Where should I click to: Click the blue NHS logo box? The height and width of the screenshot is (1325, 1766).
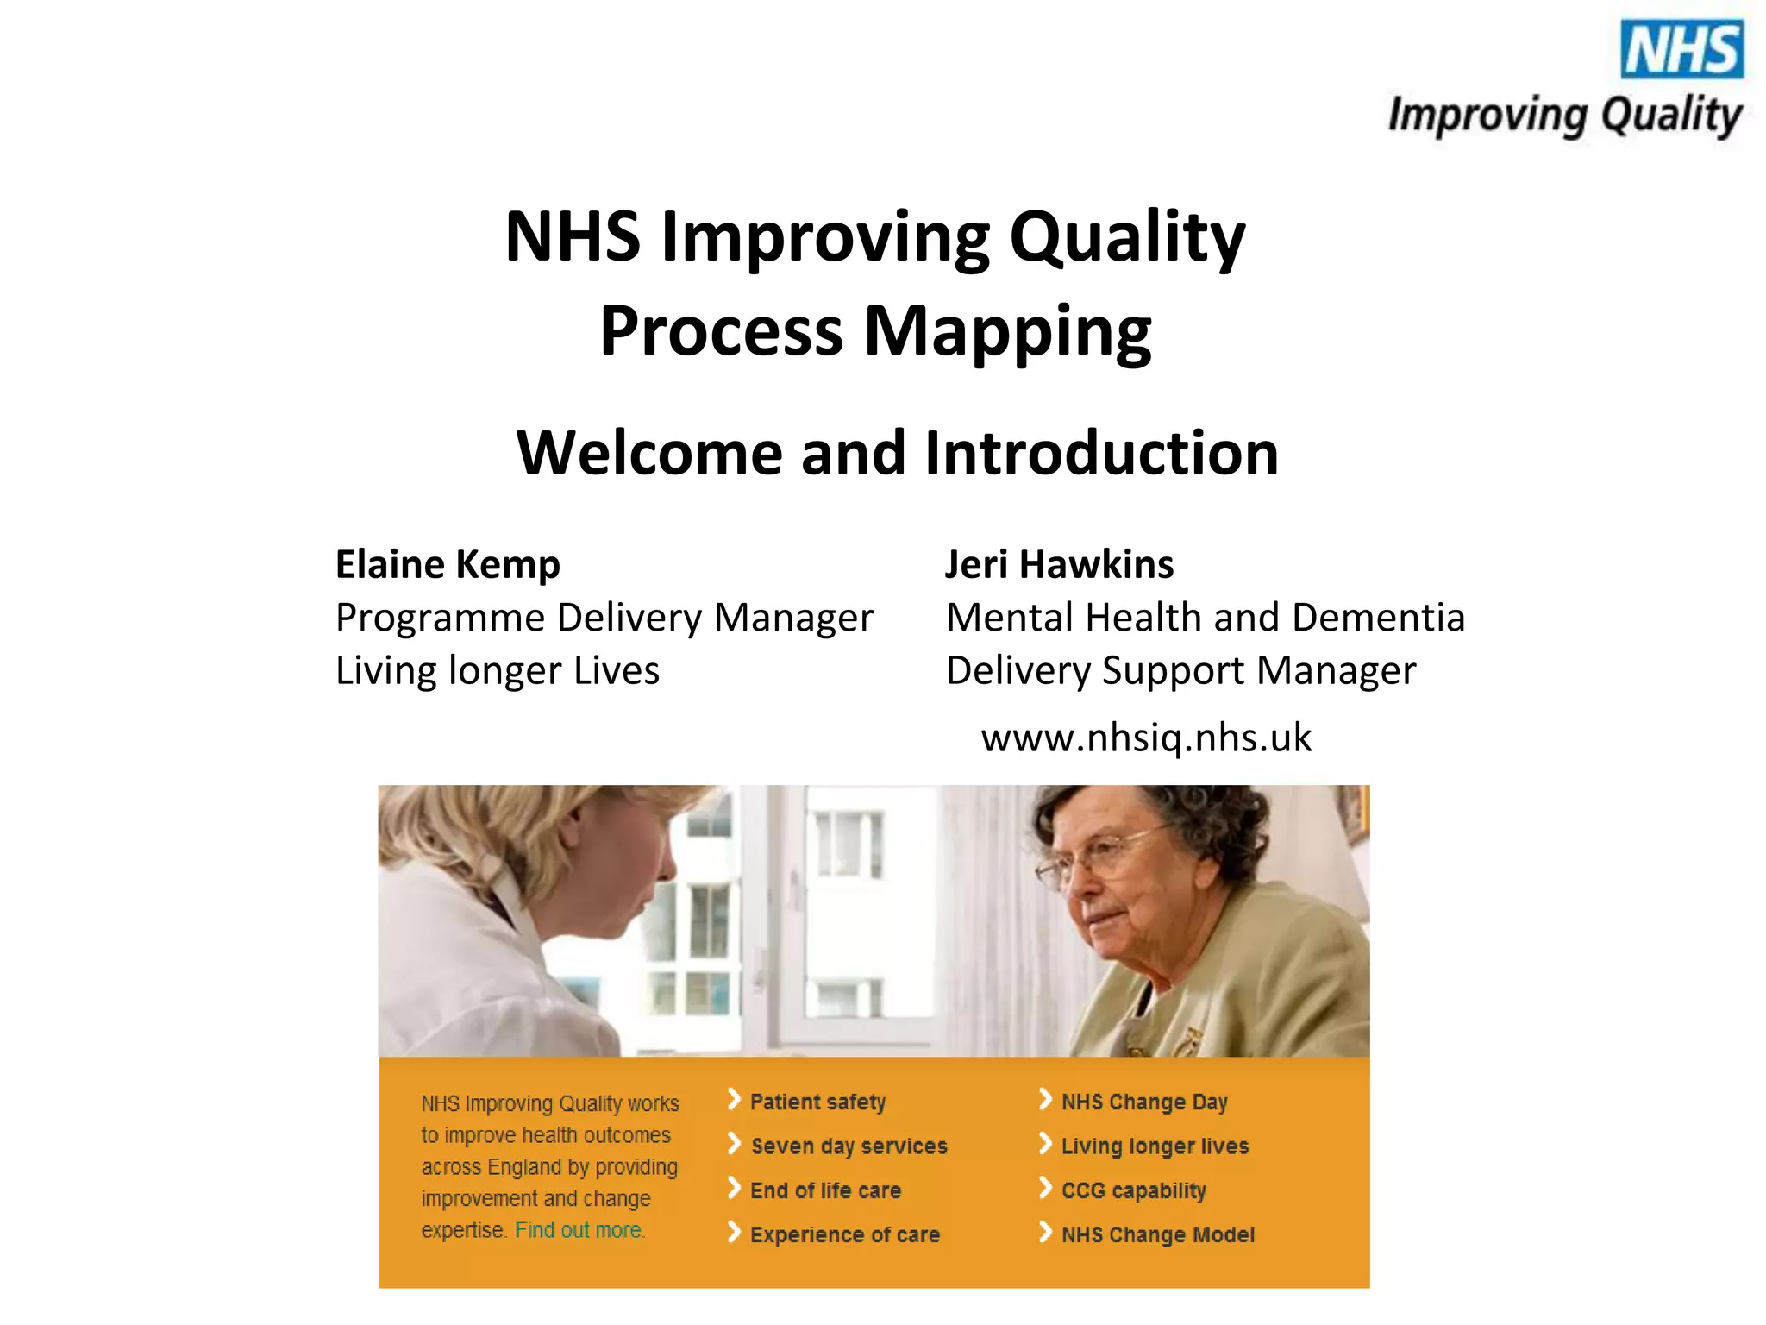(x=1681, y=49)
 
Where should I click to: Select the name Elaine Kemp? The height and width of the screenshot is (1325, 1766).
(x=448, y=565)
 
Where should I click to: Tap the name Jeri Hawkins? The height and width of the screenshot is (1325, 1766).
(x=1059, y=565)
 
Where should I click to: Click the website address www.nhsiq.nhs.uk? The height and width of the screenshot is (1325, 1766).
(x=1146, y=738)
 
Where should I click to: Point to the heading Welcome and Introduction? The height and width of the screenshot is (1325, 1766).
(x=897, y=453)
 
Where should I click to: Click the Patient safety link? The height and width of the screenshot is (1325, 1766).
(x=817, y=1102)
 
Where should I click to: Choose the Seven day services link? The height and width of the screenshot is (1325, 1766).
(x=849, y=1146)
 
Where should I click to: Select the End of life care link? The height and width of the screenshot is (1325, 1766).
(x=825, y=1190)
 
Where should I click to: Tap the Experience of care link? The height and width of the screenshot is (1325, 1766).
(x=844, y=1234)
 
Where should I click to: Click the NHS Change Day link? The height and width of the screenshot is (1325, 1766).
(x=1143, y=1102)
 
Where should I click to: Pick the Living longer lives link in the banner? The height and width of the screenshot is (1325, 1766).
(x=1155, y=1146)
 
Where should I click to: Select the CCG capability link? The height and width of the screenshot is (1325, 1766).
(x=1133, y=1190)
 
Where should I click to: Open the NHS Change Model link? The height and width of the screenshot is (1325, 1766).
(x=1157, y=1234)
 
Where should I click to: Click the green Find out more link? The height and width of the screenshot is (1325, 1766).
(x=579, y=1230)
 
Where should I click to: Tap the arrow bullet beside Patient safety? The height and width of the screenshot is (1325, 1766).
(x=734, y=1100)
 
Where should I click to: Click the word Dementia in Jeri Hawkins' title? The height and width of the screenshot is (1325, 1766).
(x=1378, y=618)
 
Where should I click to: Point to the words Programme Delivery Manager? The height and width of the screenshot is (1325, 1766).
(x=604, y=618)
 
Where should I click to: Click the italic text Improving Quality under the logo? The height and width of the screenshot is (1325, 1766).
(x=1564, y=116)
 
